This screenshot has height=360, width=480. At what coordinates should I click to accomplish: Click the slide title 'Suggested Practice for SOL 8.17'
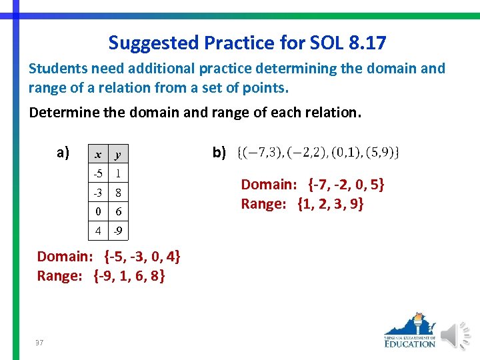tap(247, 43)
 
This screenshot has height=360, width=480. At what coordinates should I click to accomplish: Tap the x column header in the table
tap(97, 155)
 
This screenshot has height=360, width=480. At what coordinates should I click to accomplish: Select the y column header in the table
tap(117, 155)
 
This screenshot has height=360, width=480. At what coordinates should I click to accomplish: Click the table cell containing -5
tap(97, 173)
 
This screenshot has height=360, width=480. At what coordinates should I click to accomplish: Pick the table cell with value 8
tap(117, 193)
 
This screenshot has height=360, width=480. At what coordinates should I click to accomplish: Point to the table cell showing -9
tap(117, 232)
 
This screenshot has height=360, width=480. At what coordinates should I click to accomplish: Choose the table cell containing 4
tap(97, 232)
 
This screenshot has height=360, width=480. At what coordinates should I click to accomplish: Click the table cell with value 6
tap(117, 212)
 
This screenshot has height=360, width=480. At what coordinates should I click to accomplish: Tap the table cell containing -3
tap(97, 193)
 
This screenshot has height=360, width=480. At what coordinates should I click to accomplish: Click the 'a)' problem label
tap(63, 153)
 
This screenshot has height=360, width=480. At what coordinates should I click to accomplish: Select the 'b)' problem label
tap(219, 153)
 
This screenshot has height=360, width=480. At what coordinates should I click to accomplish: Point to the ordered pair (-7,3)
tap(262, 153)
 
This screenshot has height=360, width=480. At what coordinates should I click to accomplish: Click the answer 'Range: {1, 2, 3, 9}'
tap(302, 204)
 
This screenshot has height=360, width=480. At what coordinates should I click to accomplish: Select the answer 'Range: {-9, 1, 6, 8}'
tap(101, 276)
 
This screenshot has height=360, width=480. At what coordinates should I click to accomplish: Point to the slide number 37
tap(39, 342)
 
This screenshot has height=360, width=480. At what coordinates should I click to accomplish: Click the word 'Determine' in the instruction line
tap(59, 112)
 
